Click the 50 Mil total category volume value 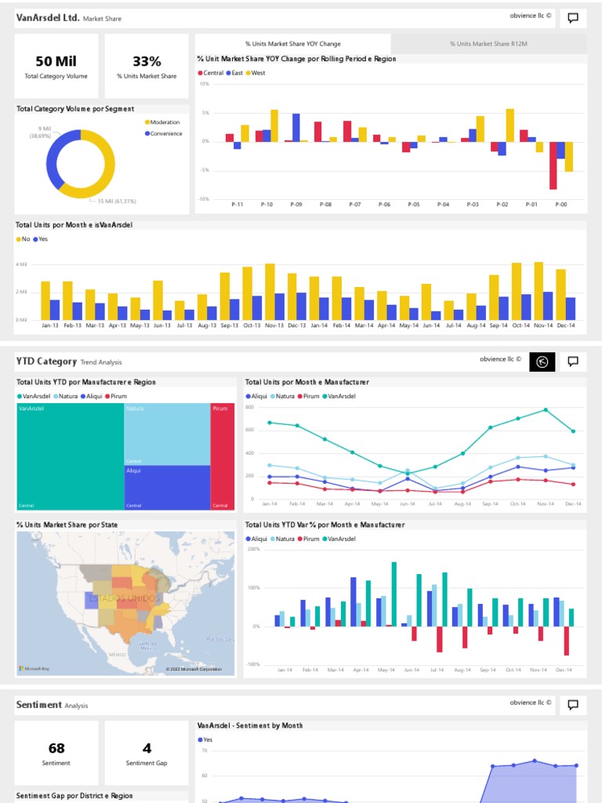coord(56,62)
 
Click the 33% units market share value coord(147,62)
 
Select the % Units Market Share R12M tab coord(488,44)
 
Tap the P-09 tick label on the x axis coord(296,204)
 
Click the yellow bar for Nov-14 coord(539,290)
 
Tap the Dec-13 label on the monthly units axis coord(297,325)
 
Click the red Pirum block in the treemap coord(222,455)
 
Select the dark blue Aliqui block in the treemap coord(167,486)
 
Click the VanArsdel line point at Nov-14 coord(546,409)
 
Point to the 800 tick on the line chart coord(250,408)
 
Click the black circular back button coord(542,362)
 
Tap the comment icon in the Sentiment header coord(573,705)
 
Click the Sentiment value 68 coord(56,749)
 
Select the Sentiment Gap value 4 coord(147,749)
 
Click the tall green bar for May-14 coord(393,594)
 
